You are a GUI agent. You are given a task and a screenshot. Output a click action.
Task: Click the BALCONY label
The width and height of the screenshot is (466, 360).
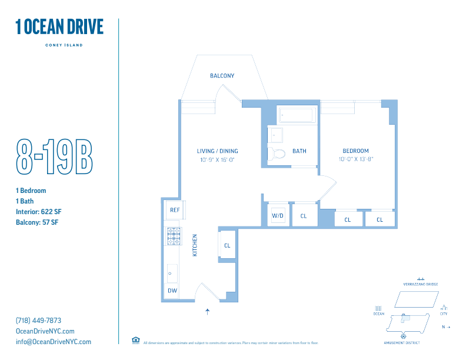coord(222,76)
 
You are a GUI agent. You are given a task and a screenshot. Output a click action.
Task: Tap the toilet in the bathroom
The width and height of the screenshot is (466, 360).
coord(277,154)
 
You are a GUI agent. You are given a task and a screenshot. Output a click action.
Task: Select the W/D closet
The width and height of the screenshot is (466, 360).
coord(278,216)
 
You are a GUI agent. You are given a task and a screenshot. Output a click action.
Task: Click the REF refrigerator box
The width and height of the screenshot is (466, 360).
coord(175,210)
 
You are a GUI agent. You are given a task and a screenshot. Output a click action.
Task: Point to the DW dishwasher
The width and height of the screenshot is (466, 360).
coord(172,291)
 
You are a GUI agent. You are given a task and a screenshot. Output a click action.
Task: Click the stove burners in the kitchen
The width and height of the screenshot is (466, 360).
coord(174,236)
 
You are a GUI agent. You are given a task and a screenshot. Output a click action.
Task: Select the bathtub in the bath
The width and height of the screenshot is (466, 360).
coord(297,115)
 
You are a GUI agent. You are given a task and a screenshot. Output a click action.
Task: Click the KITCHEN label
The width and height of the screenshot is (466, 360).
coord(195,245)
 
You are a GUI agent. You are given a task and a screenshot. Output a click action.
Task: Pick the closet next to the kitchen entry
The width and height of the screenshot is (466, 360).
coord(227,245)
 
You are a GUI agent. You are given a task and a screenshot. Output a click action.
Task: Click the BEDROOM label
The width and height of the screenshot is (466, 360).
coord(356,151)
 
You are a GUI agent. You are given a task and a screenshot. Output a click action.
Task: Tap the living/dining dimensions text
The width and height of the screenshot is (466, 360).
coord(217,159)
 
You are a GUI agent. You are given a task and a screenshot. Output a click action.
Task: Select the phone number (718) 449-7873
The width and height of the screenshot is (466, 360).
coord(38,321)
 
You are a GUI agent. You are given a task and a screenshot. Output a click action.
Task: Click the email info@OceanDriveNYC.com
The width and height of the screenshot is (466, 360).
coord(54,342)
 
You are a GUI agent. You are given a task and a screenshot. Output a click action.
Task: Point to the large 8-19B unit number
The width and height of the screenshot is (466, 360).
coord(54,156)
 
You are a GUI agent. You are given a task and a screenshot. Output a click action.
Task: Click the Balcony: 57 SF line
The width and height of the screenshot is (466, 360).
coord(37,222)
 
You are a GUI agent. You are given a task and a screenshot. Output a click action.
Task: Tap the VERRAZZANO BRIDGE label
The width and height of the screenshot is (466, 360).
coord(420,284)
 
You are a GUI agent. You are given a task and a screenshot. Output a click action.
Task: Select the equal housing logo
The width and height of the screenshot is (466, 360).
coord(136,340)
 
